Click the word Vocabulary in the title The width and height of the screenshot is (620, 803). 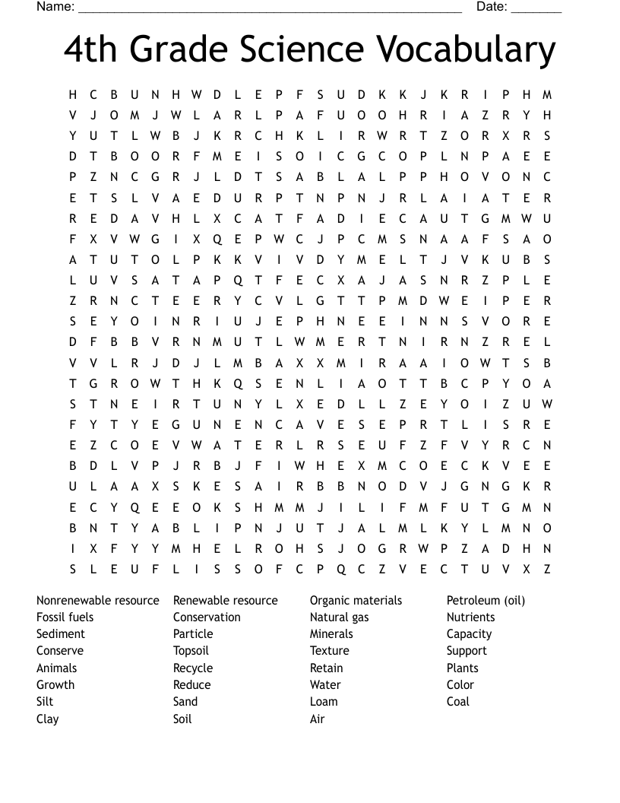pyautogui.click(x=466, y=50)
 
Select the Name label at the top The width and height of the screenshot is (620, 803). pyautogui.click(x=55, y=7)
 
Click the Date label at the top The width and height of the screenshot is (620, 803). pyautogui.click(x=492, y=7)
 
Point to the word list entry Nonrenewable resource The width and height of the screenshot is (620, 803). pyautogui.click(x=98, y=601)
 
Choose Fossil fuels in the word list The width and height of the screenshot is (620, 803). pyautogui.click(x=65, y=617)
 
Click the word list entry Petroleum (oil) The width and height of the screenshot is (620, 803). pyautogui.click(x=486, y=601)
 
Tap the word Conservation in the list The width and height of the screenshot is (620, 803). pyautogui.click(x=207, y=617)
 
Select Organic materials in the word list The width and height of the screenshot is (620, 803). pyautogui.click(x=356, y=601)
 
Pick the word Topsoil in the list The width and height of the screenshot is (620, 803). pyautogui.click(x=191, y=651)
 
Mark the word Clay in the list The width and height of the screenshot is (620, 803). pyautogui.click(x=47, y=719)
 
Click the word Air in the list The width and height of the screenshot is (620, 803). pyautogui.click(x=317, y=719)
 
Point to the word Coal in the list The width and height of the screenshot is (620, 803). pyautogui.click(x=458, y=702)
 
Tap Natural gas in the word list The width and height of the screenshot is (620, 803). pyautogui.click(x=339, y=617)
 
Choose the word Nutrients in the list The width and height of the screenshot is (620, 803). pyautogui.click(x=470, y=617)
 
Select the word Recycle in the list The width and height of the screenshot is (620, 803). pyautogui.click(x=193, y=668)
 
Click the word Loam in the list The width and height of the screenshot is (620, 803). pyautogui.click(x=324, y=702)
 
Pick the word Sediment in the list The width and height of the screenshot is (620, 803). pyautogui.click(x=61, y=634)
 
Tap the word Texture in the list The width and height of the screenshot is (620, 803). pyautogui.click(x=330, y=651)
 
